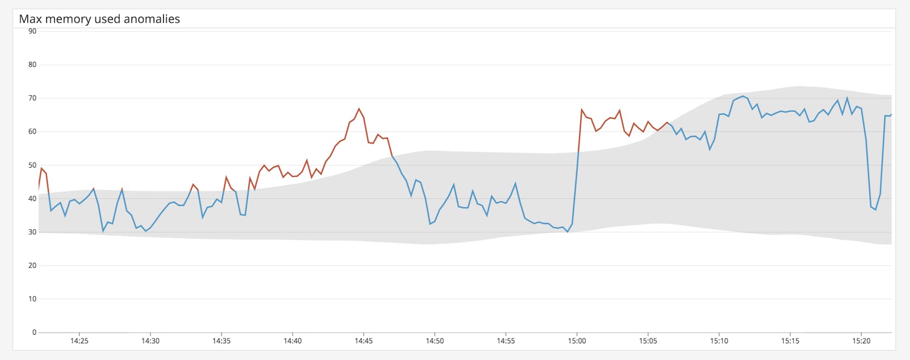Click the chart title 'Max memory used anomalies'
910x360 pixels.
[99, 19]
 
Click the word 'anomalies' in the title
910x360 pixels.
[152, 19]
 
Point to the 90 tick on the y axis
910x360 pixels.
[32, 31]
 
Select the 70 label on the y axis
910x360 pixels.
[32, 98]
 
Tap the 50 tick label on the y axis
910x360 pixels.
[32, 165]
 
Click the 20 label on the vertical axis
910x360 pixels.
[32, 265]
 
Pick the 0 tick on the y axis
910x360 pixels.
[34, 332]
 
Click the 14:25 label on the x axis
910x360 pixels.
[79, 341]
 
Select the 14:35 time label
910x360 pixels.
[221, 341]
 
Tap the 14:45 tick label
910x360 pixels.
[364, 341]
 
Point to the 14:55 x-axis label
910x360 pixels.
[505, 341]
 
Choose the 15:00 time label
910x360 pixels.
[577, 341]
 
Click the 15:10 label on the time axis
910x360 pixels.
[719, 341]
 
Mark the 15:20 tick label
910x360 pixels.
[861, 341]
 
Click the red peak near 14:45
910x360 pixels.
[359, 109]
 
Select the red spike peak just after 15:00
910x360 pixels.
[582, 110]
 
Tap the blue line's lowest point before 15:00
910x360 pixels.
[567, 232]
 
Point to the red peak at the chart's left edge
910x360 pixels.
[41, 168]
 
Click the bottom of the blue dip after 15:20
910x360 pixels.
[876, 210]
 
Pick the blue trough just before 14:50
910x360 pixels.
[430, 224]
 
